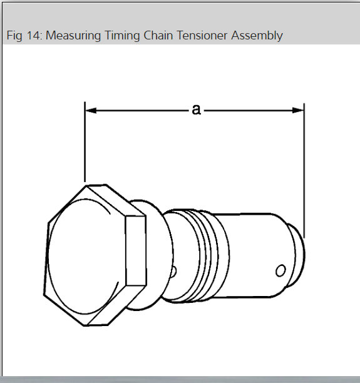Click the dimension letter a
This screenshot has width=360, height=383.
click(x=196, y=110)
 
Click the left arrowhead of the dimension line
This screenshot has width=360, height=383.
click(x=90, y=110)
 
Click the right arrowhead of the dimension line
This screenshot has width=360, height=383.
click(x=299, y=110)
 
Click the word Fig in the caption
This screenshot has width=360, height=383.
click(x=14, y=36)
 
